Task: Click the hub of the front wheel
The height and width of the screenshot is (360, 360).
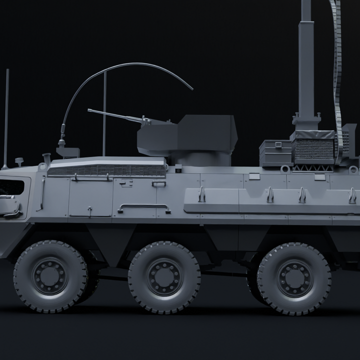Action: [50, 276]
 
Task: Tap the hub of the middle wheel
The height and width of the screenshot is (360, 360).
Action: [164, 276]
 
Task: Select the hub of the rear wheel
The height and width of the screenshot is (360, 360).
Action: [294, 278]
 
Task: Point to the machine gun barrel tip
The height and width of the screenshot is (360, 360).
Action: [89, 110]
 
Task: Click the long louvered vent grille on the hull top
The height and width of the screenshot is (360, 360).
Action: [107, 170]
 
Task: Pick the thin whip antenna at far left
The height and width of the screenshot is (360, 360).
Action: [6, 115]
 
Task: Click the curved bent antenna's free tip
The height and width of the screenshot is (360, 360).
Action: [192, 89]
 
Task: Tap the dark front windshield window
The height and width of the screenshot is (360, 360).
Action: [12, 187]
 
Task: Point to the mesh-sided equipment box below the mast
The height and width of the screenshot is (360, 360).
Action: [313, 147]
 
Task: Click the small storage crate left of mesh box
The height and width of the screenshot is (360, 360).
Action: [275, 152]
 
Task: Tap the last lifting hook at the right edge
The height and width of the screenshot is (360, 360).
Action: [352, 195]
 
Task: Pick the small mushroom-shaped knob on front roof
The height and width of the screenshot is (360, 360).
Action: [19, 161]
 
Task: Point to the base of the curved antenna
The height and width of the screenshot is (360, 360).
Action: [62, 142]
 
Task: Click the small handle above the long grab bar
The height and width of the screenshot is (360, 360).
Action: [158, 183]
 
